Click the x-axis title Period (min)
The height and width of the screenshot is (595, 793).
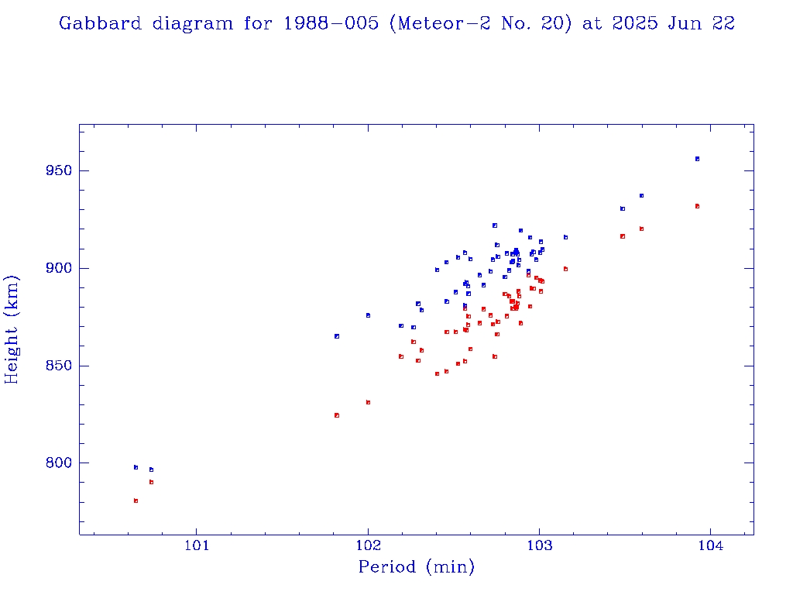[416, 568]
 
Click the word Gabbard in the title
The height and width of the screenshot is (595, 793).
[100, 23]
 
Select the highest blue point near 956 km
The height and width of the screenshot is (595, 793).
[697, 159]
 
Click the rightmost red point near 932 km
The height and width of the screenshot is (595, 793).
[697, 206]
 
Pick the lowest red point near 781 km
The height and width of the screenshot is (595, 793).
[136, 500]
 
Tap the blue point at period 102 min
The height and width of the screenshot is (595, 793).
[368, 315]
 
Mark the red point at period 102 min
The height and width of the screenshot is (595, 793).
[368, 402]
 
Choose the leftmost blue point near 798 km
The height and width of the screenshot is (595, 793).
[136, 467]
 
